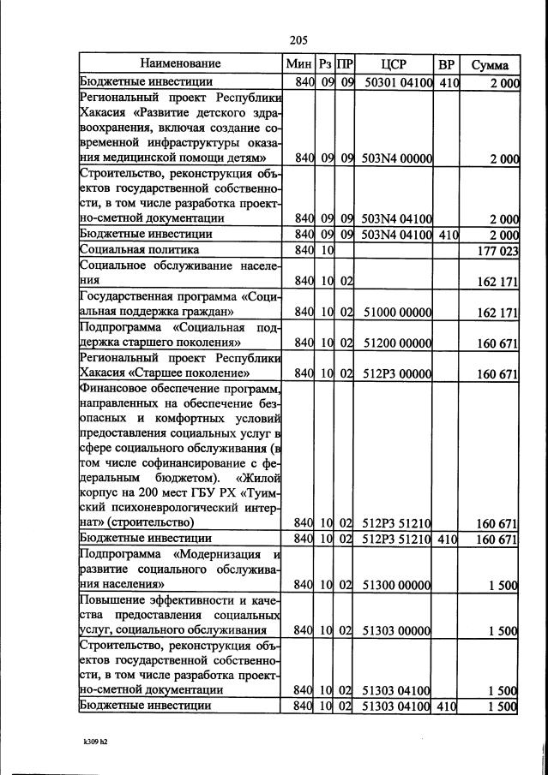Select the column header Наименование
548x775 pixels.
pos(181,64)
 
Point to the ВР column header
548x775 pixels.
pos(447,64)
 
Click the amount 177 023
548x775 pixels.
pos(497,250)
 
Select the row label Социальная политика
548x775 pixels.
pos(140,249)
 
